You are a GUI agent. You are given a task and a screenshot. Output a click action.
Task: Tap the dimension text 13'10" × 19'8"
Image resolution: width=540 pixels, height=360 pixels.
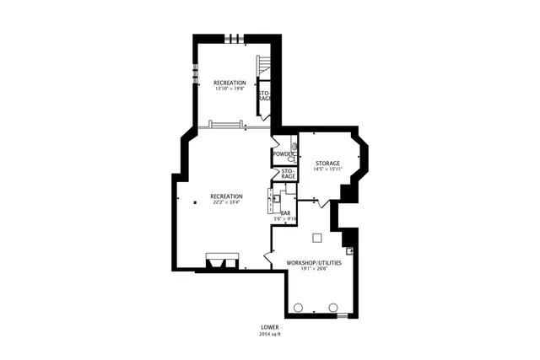coord(229,89)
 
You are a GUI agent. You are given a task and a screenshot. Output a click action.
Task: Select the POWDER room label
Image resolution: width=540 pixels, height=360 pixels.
coord(283,153)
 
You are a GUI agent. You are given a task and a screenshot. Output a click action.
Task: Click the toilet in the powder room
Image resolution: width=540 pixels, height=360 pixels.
coord(292,158)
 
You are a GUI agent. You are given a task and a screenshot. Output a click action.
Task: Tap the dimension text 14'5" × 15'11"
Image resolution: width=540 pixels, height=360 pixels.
coord(327,169)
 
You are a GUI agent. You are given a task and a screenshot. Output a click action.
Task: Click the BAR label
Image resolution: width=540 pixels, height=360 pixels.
coord(285,212)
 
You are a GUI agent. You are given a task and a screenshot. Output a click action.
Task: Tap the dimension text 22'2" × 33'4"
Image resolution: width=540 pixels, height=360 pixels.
coord(226,202)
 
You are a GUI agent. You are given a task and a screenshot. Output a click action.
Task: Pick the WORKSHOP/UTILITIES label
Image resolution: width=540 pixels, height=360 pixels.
coord(314,263)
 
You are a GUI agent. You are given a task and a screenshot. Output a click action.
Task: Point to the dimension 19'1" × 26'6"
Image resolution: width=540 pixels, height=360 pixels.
coord(314,270)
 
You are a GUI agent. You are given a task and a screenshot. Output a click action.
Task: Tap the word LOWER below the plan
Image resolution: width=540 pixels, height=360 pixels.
coord(270,327)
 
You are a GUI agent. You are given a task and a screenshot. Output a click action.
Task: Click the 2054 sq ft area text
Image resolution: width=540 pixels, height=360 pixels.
coord(270,334)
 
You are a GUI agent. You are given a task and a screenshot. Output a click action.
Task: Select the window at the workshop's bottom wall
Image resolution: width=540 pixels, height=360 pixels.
coord(343,315)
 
